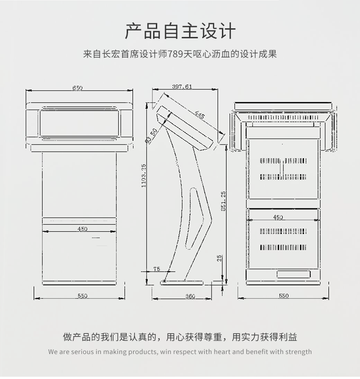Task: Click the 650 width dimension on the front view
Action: pyautogui.click(x=77, y=88)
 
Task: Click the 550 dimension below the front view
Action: pyautogui.click(x=82, y=296)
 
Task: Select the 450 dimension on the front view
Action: pyautogui.click(x=82, y=229)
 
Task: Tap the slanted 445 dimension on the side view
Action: pyautogui.click(x=200, y=115)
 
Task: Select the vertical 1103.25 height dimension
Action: pyautogui.click(x=144, y=176)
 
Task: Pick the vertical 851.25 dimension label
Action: pyautogui.click(x=223, y=201)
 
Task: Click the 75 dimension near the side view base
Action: pyautogui.click(x=157, y=269)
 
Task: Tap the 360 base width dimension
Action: pyautogui.click(x=190, y=296)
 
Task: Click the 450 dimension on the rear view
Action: pyautogui.click(x=278, y=217)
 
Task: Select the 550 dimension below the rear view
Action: pyautogui.click(x=283, y=296)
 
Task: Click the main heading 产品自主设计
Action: pyautogui.click(x=180, y=31)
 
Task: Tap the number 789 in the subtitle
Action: pyautogui.click(x=176, y=54)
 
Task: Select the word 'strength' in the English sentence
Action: pyautogui.click(x=298, y=352)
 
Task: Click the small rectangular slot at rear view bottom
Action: pyautogui.click(x=294, y=274)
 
